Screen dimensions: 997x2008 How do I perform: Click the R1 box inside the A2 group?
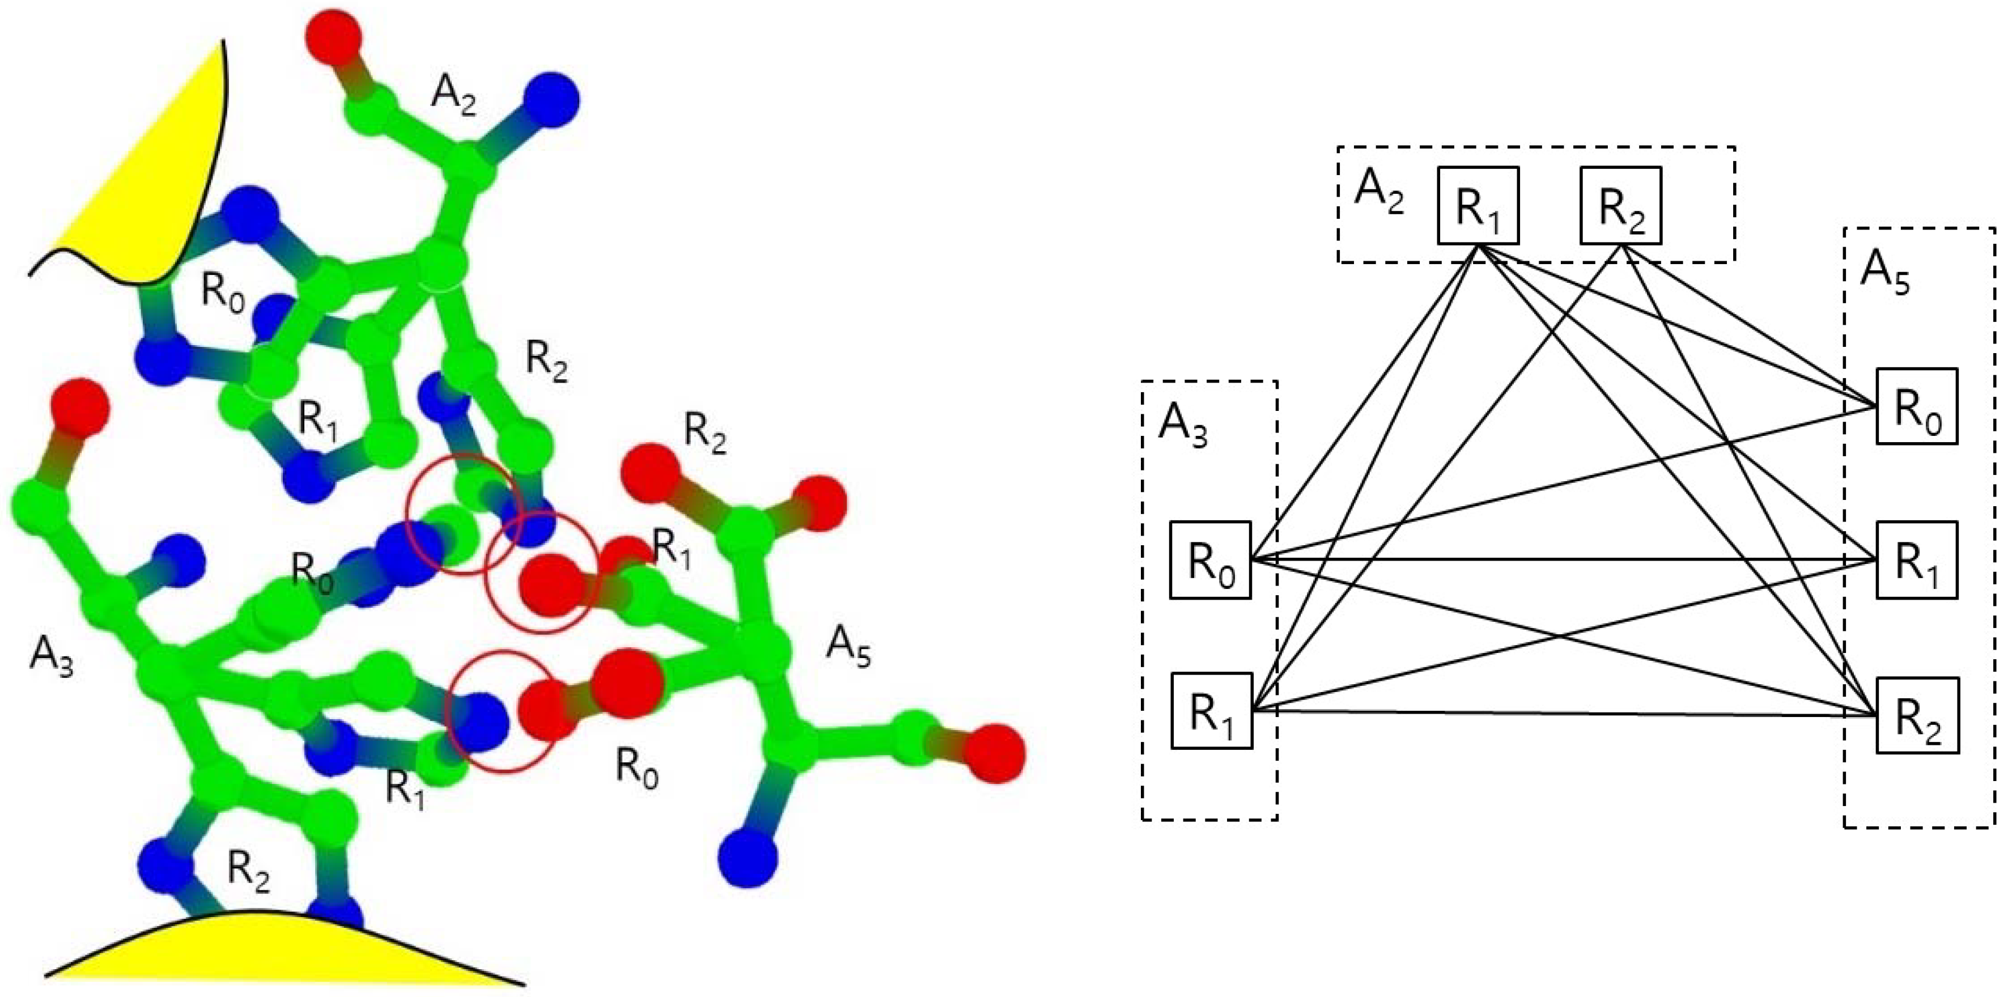[x=1478, y=206]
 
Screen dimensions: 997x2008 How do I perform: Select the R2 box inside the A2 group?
[x=1620, y=206]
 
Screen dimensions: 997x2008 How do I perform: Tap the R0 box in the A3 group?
[x=1210, y=559]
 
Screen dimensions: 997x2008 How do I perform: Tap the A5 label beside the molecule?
[x=848, y=648]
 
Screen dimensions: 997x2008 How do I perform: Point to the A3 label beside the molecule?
[x=52, y=655]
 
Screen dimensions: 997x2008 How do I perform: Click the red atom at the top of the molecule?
[x=334, y=35]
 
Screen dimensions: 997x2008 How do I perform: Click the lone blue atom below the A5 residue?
[x=748, y=858]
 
